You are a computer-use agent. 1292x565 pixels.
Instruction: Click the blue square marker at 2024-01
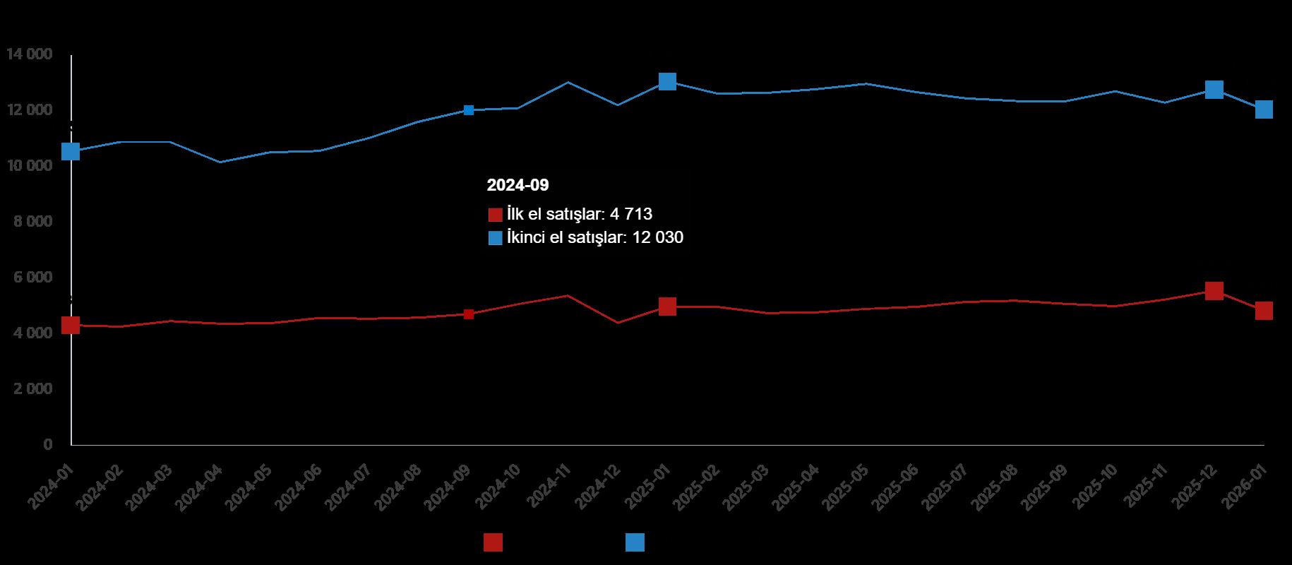71,151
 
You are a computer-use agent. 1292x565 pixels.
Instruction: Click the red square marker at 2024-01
71,325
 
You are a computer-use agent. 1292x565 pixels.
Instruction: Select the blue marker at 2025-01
667,81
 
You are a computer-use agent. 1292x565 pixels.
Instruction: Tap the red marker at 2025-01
667,306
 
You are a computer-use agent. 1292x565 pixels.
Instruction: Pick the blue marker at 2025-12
1214,90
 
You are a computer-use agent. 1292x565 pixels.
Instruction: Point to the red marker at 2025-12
1214,290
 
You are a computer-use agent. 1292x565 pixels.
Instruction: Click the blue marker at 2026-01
1264,109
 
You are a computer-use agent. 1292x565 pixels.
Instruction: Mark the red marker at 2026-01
1264,311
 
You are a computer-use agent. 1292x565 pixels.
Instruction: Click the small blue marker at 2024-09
469,110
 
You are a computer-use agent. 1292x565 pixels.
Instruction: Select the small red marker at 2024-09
469,314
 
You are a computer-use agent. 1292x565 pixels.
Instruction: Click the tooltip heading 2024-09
518,185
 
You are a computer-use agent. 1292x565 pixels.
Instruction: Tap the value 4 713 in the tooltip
631,214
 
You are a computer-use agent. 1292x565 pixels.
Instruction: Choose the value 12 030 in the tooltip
658,238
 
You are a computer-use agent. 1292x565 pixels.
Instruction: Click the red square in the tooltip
496,215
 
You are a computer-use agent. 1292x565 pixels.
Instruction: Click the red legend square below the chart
493,542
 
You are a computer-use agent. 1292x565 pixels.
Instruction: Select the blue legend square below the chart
635,542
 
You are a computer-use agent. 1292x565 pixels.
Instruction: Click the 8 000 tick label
32,222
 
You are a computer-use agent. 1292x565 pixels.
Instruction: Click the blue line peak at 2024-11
568,83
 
